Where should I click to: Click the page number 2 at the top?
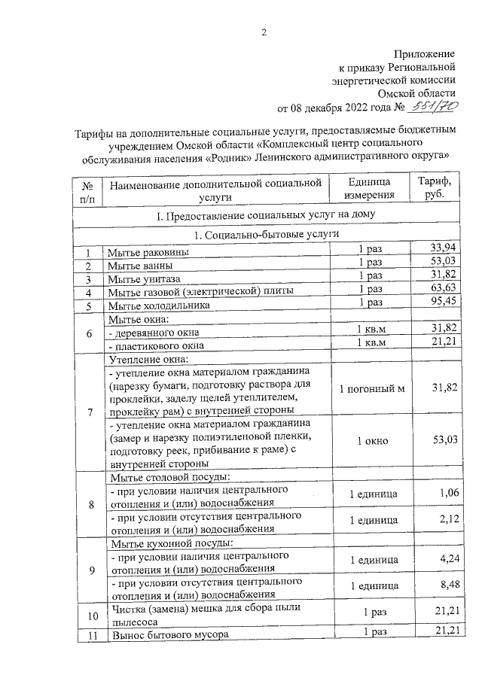pyautogui.click(x=264, y=31)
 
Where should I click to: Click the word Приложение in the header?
pyautogui.click(x=426, y=53)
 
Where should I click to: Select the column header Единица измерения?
pyautogui.click(x=370, y=189)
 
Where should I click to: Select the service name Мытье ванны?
pyautogui.click(x=140, y=265)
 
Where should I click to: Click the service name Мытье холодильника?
pyautogui.click(x=157, y=305)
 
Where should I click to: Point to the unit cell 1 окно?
pyautogui.click(x=371, y=441)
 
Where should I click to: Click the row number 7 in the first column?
pyautogui.click(x=90, y=413)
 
